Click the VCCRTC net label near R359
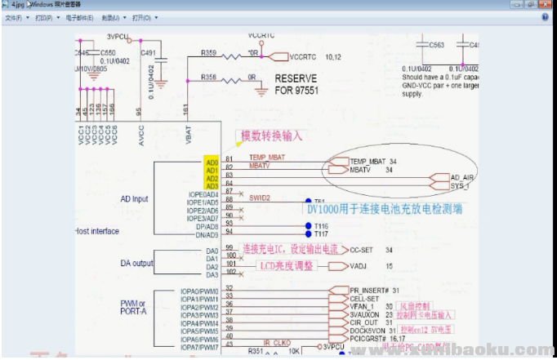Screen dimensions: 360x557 (x=306, y=57)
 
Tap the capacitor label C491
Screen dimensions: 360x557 (x=148, y=52)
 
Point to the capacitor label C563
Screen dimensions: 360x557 (x=437, y=45)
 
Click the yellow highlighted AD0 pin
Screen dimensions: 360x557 (x=212, y=162)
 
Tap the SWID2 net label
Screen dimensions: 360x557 (x=260, y=198)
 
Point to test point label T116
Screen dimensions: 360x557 (x=319, y=226)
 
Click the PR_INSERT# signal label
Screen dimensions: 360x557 (x=368, y=290)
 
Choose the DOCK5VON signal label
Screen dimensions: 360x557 (x=368, y=330)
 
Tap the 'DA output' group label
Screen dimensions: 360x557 (x=137, y=263)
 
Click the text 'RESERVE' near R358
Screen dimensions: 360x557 (x=297, y=78)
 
